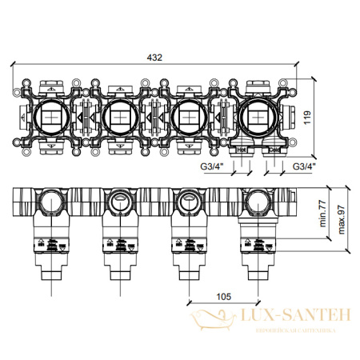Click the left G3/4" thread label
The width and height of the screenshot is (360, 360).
click(210, 167)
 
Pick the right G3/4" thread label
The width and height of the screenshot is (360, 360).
click(305, 167)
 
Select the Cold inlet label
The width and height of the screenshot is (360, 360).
click(274, 150)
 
